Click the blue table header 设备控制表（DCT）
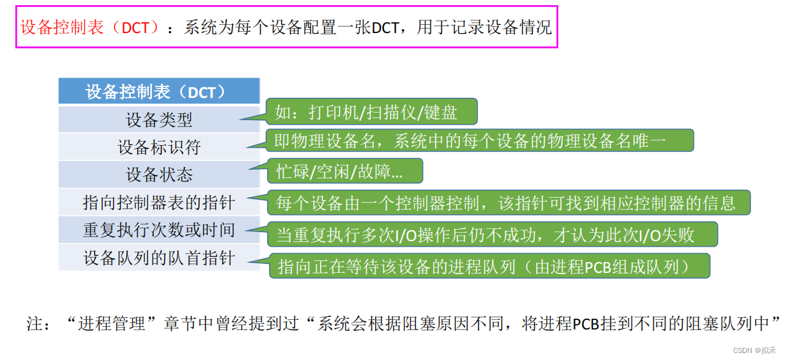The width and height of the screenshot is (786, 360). (x=159, y=92)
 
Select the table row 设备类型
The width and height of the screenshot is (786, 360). (x=159, y=120)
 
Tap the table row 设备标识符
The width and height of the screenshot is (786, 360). (x=159, y=147)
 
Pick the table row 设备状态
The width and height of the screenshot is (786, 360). (x=159, y=174)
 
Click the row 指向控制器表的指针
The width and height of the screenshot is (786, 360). (x=159, y=202)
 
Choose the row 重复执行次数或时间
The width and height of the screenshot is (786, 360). (x=159, y=230)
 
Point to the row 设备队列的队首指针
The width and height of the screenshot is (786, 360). (x=159, y=258)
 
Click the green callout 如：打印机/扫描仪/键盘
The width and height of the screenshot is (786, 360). (x=371, y=112)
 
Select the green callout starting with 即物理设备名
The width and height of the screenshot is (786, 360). (x=478, y=140)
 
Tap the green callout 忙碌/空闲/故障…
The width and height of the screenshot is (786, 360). (x=343, y=171)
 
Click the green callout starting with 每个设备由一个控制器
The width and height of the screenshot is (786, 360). (x=507, y=202)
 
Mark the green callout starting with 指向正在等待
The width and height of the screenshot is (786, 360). (x=488, y=266)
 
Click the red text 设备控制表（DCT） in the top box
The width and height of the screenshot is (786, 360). (x=90, y=27)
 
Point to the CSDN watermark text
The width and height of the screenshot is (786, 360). (x=754, y=350)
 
